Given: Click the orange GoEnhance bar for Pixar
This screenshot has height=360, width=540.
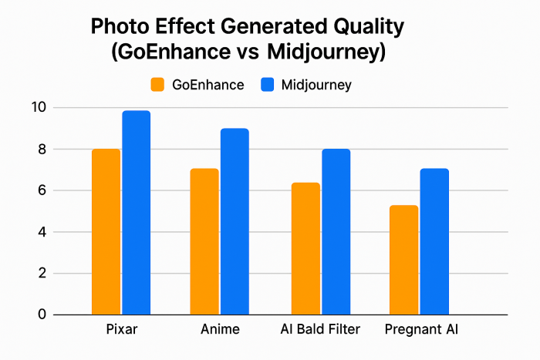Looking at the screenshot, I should tap(106, 231).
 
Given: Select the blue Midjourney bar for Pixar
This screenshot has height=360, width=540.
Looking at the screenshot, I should tap(136, 213).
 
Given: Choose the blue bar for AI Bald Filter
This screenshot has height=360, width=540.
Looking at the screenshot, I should tap(336, 231).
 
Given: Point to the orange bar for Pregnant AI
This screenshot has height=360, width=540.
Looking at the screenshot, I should tap(403, 260).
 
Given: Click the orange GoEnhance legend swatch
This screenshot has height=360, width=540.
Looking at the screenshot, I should tap(159, 85).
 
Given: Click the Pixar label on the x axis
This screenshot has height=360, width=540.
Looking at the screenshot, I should tap(120, 330).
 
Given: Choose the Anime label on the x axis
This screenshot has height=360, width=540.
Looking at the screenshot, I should tap(220, 330).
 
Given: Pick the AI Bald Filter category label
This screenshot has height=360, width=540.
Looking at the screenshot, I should tap(320, 330).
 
